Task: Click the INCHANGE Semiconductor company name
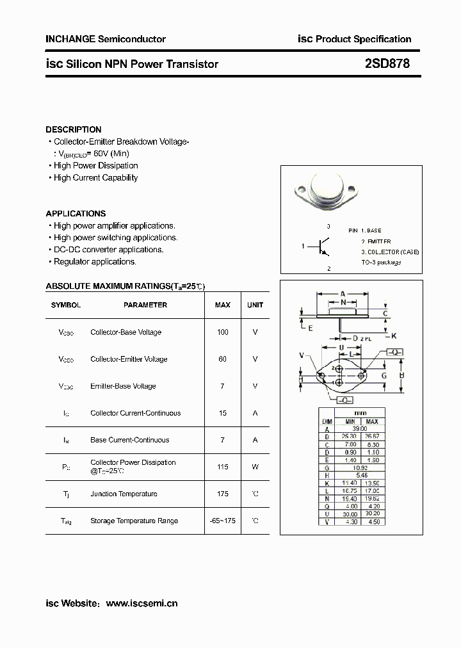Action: point(106,39)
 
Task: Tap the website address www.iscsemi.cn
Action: point(141,603)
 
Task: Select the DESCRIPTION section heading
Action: point(74,129)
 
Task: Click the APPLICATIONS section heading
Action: point(76,213)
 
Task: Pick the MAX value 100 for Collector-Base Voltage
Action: point(222,332)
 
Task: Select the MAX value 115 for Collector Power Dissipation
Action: point(222,467)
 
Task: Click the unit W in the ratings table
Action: point(255,467)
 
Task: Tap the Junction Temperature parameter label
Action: point(124,494)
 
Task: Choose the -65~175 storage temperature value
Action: point(222,521)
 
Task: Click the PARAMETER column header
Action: point(145,305)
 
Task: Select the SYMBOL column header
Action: point(66,305)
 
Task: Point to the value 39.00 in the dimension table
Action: point(361,429)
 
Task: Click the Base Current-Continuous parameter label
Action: point(130,440)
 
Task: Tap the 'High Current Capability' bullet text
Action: point(95,178)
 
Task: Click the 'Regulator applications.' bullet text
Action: point(95,262)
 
